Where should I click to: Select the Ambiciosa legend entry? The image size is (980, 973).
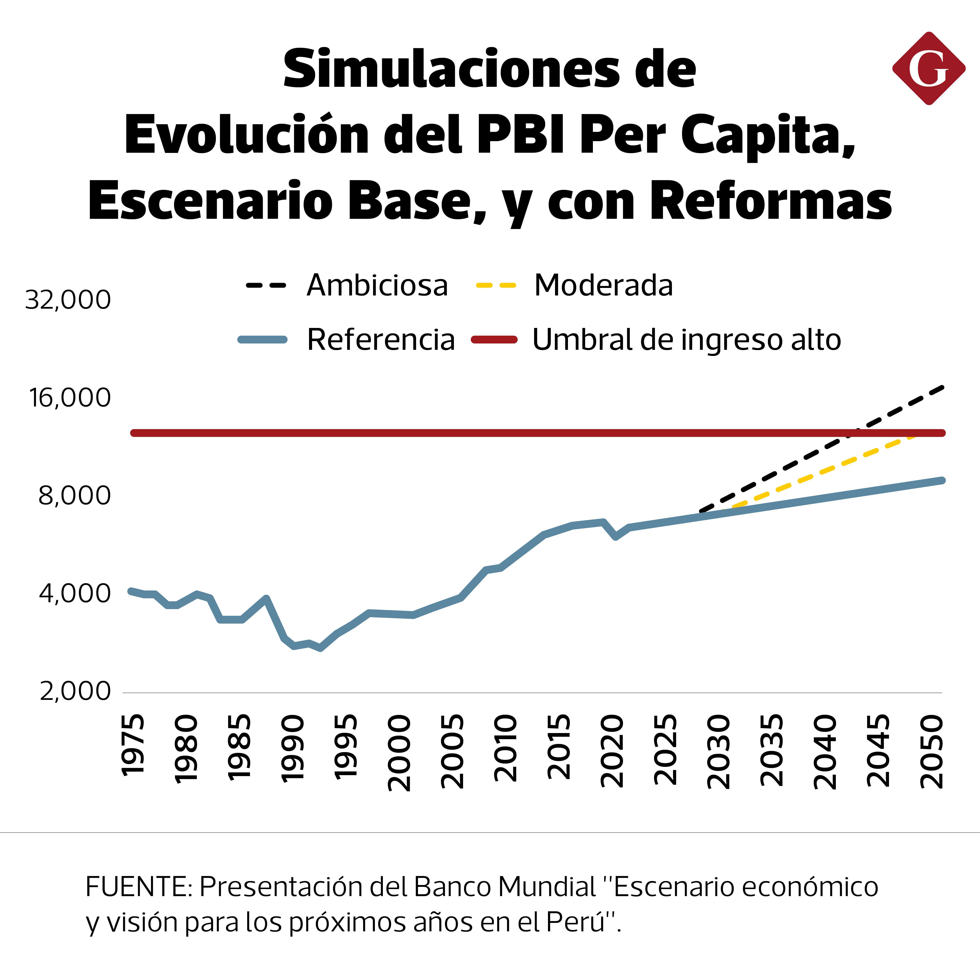tap(377, 285)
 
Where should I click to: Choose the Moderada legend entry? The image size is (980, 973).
tap(603, 285)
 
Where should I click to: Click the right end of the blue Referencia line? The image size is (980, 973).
tap(942, 480)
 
